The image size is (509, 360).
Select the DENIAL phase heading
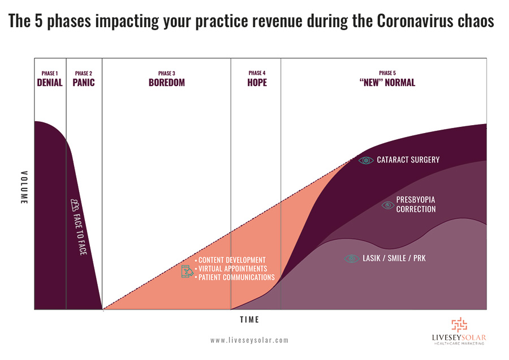[x=50, y=83]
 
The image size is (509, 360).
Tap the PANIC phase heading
[x=84, y=83]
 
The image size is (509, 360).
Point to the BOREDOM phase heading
[x=167, y=83]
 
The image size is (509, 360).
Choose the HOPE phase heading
[x=257, y=83]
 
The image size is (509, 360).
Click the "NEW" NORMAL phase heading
[x=387, y=83]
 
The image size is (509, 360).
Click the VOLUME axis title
[x=24, y=187]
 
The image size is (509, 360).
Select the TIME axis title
[x=249, y=320]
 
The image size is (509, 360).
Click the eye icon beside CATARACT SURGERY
[x=366, y=160]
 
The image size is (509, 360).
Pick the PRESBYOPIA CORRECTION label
[x=416, y=204]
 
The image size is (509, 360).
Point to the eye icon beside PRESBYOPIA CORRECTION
[x=387, y=205]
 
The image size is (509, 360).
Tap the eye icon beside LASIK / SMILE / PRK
[x=352, y=259]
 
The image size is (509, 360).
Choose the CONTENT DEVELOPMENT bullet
[x=231, y=260]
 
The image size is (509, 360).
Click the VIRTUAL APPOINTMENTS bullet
[x=232, y=268]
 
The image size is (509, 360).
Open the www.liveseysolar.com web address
[x=249, y=341]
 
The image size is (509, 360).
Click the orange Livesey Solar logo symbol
[x=459, y=325]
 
